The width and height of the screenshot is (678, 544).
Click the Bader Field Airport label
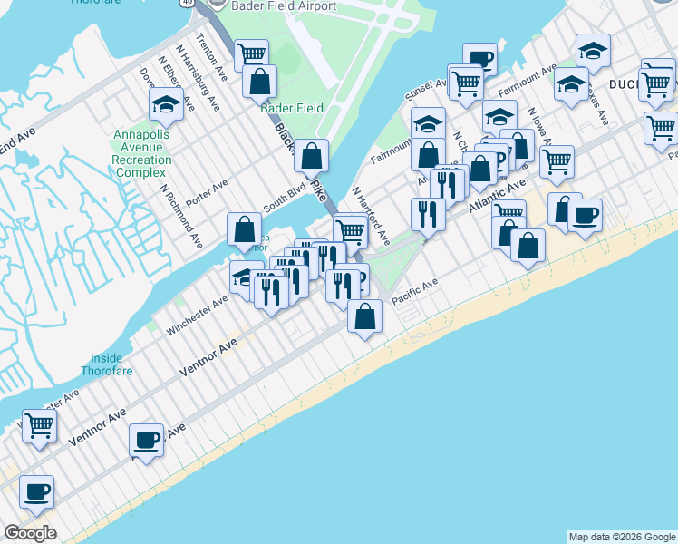[x=272, y=6]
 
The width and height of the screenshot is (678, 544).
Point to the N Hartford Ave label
[x=371, y=217]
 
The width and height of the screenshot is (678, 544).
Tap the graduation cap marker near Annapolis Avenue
[x=167, y=105]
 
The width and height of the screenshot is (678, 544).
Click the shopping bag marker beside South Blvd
[x=245, y=229]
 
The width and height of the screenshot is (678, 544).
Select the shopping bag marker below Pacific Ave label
[x=364, y=316]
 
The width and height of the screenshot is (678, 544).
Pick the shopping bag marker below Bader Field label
[x=311, y=156]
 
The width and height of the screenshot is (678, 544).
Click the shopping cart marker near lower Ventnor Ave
[x=39, y=424]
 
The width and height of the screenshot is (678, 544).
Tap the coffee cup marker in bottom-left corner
[x=37, y=492]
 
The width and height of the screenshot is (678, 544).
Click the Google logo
[x=30, y=532]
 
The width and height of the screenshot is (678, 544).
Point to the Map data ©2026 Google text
[x=621, y=537]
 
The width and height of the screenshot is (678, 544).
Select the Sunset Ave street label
[x=426, y=89]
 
